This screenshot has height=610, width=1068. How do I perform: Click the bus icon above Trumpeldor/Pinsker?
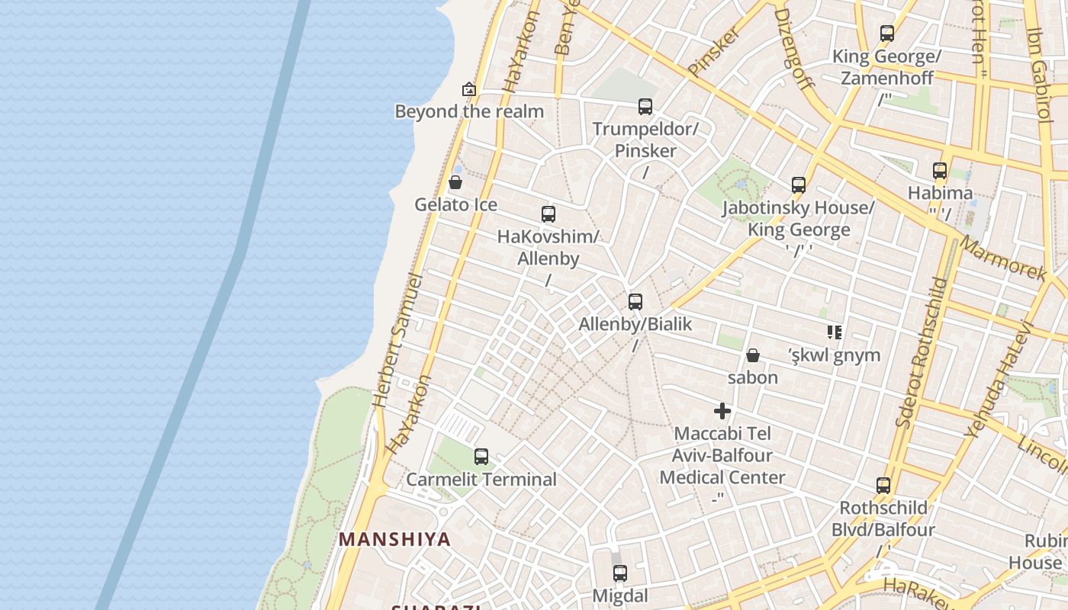click(645, 107)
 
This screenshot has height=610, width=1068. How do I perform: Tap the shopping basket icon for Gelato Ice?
click(455, 182)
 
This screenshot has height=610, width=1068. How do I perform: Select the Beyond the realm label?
click(469, 111)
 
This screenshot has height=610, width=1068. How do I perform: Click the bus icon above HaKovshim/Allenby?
click(548, 214)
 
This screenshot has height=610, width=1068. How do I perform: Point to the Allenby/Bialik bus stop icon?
click(635, 302)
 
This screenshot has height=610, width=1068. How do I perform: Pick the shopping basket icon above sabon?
click(753, 355)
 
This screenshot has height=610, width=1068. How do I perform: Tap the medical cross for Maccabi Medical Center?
click(722, 412)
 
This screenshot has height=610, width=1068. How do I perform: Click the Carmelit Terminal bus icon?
click(481, 457)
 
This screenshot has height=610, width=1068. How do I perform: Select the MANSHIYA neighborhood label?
click(395, 539)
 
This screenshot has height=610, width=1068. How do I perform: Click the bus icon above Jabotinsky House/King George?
click(799, 185)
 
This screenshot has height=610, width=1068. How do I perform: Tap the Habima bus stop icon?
click(940, 171)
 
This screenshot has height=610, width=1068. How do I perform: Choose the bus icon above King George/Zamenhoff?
click(887, 34)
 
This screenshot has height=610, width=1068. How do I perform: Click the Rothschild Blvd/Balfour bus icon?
click(883, 486)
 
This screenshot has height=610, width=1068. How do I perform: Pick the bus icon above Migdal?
click(620, 573)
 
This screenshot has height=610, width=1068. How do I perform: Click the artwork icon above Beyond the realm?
click(469, 89)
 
